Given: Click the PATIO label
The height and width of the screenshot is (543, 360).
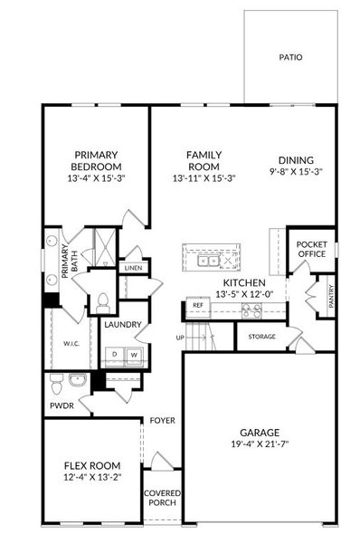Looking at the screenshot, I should (x=290, y=57).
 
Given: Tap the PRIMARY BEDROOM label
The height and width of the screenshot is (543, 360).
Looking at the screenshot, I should (x=96, y=160).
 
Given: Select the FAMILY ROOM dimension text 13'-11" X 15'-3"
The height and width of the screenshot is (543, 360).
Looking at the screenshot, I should (x=204, y=178).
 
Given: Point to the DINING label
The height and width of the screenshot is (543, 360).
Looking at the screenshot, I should (x=296, y=159).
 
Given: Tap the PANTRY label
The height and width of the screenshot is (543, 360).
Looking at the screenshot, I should (x=331, y=298).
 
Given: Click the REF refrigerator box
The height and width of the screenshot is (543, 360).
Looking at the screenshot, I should (x=197, y=306).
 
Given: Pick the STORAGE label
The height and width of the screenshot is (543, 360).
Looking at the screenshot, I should (x=261, y=338).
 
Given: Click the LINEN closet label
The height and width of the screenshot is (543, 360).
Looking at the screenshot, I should (x=132, y=269).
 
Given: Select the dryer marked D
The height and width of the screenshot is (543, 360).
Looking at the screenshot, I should (x=114, y=355).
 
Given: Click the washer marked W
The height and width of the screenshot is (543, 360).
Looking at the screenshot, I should (x=133, y=355).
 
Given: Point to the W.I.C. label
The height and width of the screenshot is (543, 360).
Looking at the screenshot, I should (x=73, y=343).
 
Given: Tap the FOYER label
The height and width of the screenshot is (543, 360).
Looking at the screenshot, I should (x=163, y=421).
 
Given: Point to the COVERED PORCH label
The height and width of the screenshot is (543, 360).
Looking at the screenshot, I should (x=162, y=500).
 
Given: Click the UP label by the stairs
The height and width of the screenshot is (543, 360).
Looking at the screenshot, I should (x=180, y=338).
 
